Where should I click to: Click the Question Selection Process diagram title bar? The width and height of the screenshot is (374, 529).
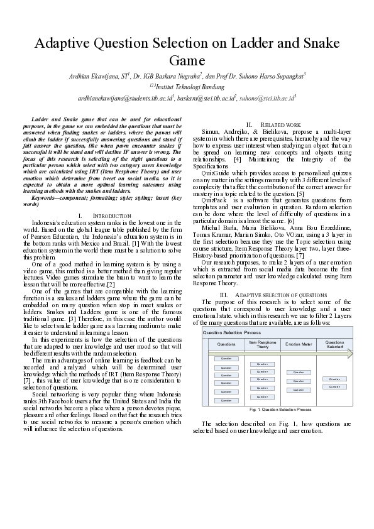tap(232, 332)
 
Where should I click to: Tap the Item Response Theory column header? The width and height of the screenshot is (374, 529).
tap(263, 344)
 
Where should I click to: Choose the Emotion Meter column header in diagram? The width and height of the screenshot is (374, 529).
tap(299, 344)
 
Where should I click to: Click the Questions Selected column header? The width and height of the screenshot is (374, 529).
tap(334, 344)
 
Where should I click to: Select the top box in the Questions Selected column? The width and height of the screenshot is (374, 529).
tap(334, 379)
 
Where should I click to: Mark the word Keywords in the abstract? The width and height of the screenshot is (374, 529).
tap(45, 199)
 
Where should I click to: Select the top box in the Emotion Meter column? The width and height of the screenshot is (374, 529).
tap(299, 373)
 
